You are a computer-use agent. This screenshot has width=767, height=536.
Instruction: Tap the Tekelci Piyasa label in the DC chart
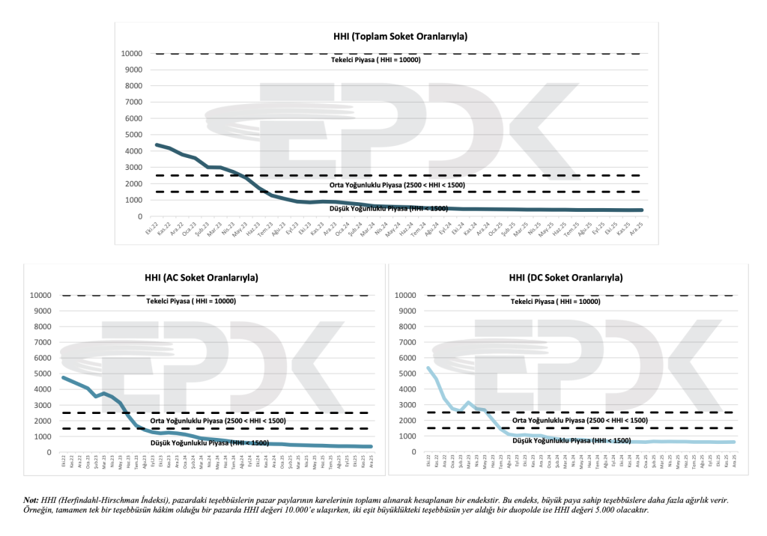pyautogui.click(x=556, y=302)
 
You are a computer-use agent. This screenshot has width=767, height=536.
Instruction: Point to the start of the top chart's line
pyautogui.click(x=156, y=144)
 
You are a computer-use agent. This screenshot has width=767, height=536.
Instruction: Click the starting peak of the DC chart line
pyautogui.click(x=428, y=368)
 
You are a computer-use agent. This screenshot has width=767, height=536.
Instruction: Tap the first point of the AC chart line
pyautogui.click(x=63, y=377)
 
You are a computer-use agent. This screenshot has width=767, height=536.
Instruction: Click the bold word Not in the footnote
pyautogui.click(x=31, y=499)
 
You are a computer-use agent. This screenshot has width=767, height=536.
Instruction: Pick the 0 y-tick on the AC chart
pyautogui.click(x=49, y=452)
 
